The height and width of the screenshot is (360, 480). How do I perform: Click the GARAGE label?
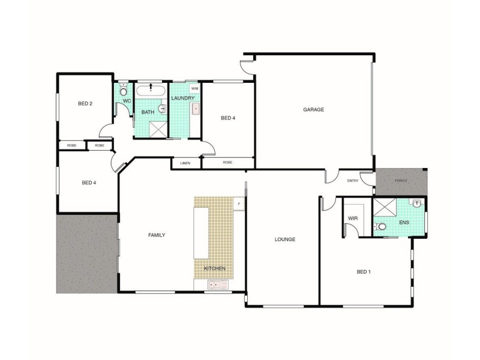pyautogui.click(x=313, y=110)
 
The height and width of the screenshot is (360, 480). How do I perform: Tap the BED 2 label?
pyautogui.click(x=85, y=104)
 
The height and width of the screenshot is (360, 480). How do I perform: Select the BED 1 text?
pyautogui.click(x=364, y=272)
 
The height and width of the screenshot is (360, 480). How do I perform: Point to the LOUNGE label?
pyautogui.click(x=284, y=239)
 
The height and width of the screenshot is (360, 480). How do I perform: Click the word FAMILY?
pyautogui.click(x=157, y=235)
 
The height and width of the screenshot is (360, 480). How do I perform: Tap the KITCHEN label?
pyautogui.click(x=214, y=269)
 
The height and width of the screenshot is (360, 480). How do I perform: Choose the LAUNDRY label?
pyautogui.click(x=182, y=98)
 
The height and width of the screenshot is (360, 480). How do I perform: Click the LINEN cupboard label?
pyautogui.click(x=185, y=163)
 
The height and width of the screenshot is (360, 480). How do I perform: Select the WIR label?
pyautogui.click(x=353, y=218)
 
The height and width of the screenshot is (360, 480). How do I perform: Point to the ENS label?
pyautogui.click(x=404, y=223)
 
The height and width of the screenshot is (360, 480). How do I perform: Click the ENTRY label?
pyautogui.click(x=353, y=181)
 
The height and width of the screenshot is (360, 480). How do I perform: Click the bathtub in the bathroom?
pyautogui.click(x=151, y=92)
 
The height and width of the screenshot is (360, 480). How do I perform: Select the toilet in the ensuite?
pyautogui.click(x=381, y=227)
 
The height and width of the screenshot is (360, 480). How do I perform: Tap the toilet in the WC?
pyautogui.click(x=123, y=92)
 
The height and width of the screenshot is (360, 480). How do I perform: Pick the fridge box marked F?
pyautogui.click(x=239, y=204)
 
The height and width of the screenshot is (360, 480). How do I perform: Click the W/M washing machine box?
pyautogui.click(x=194, y=89)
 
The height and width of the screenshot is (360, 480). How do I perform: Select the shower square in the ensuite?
pyautogui.click(x=384, y=208)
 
